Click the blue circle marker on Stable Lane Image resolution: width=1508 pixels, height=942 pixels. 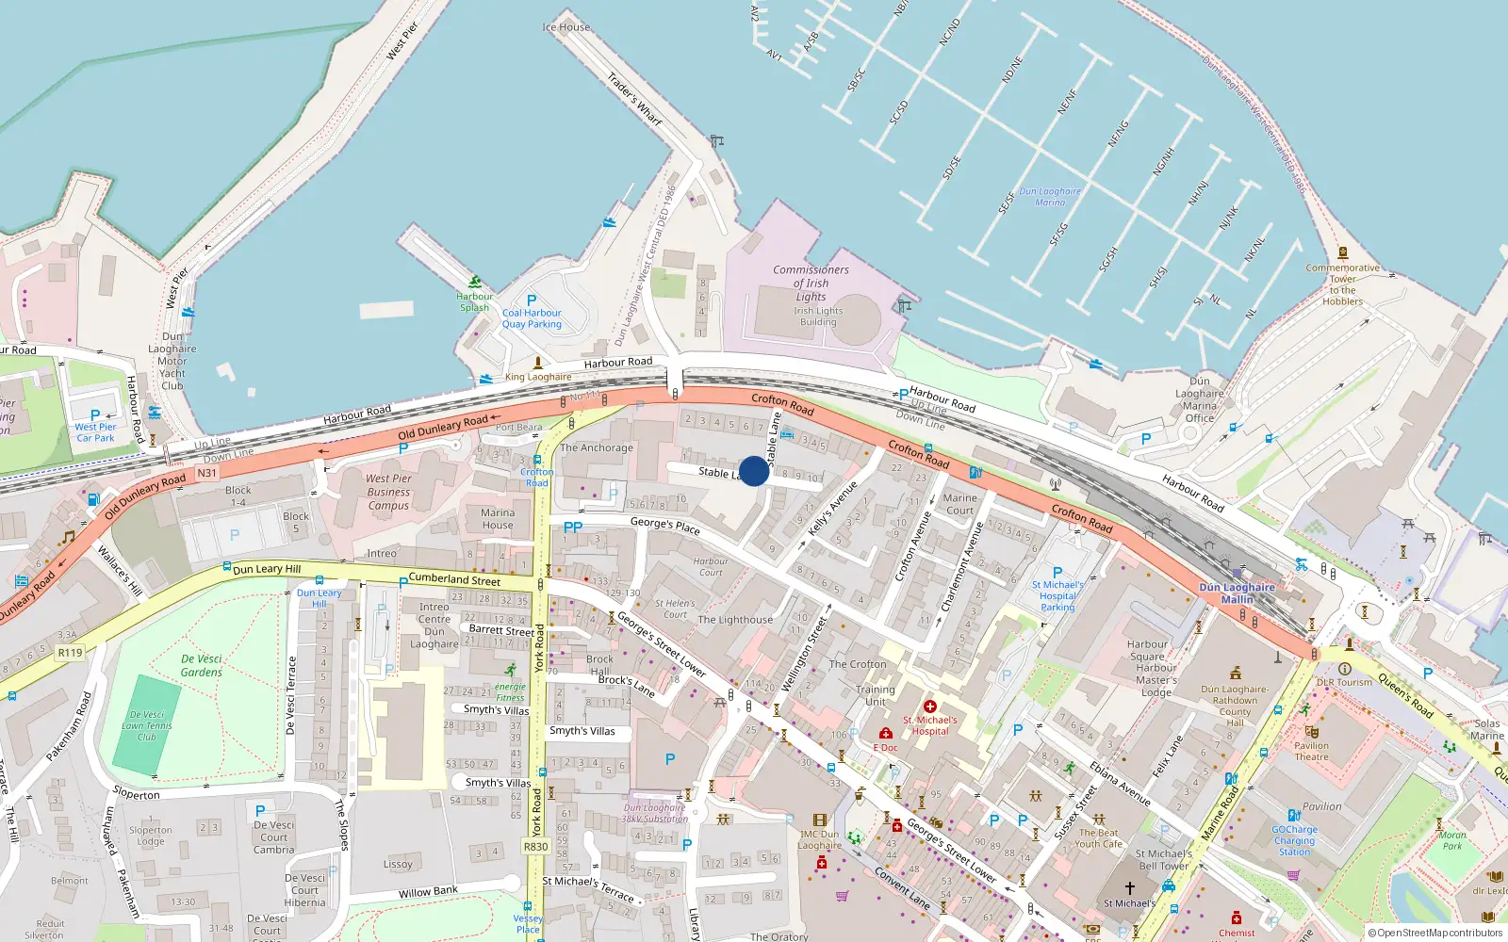pos(754,471)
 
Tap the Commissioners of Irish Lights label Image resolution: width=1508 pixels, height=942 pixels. pos(811,283)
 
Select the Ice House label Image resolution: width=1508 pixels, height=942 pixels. pos(566,27)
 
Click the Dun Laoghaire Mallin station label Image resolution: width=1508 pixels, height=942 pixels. pos(1237,593)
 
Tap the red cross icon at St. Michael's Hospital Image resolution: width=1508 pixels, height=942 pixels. pos(930,706)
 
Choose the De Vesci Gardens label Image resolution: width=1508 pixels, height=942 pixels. pos(202,665)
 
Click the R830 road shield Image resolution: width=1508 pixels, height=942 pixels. pos(535,847)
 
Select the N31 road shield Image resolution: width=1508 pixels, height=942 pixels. pos(206,473)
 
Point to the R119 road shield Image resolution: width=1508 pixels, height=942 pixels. pos(70,652)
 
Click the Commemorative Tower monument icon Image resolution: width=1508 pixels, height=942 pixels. pos(1343,253)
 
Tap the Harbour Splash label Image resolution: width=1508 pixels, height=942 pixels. pos(475,301)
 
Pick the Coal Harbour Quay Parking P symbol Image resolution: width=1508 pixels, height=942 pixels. pos(532,300)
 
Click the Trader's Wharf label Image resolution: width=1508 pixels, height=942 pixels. pos(634,99)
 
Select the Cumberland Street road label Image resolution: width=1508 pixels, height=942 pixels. pos(454,579)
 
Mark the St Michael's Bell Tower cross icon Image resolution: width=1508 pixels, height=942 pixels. pos(1130,888)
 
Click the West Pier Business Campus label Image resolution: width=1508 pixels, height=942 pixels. pos(388,492)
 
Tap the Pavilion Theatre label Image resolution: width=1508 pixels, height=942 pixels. pos(1311,751)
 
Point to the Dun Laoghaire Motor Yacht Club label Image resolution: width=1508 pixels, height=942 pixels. pos(172,361)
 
